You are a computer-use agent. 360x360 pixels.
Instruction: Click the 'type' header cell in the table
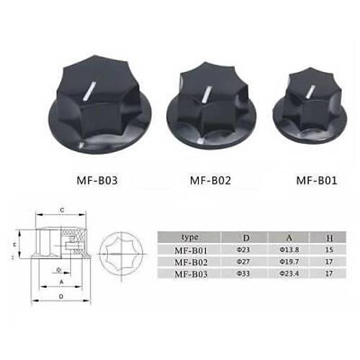[x=190, y=236]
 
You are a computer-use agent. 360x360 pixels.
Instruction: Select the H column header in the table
[x=330, y=236]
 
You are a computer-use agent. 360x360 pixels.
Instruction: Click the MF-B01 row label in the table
[x=190, y=250]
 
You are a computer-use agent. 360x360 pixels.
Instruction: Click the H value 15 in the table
[x=330, y=250]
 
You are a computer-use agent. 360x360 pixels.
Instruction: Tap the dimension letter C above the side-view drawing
[x=63, y=210]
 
